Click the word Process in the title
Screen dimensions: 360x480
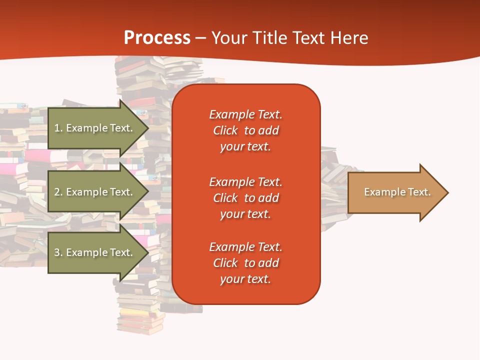point(157,38)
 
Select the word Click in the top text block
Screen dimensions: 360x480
point(225,130)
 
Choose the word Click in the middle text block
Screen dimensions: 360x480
point(225,198)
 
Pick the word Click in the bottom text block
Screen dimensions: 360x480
point(225,263)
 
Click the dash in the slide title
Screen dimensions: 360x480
point(200,38)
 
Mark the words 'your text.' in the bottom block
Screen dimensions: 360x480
point(245,279)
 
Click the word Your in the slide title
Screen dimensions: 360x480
point(229,38)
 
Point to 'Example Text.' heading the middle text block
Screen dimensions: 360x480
point(245,181)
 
